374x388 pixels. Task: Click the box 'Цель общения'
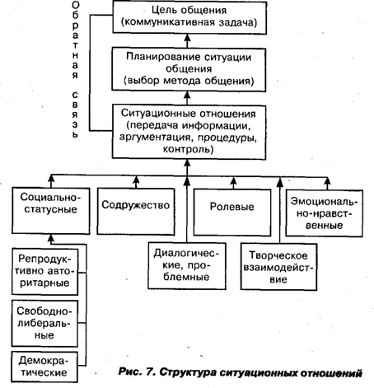coord(189,17)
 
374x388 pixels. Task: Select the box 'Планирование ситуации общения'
coord(189,70)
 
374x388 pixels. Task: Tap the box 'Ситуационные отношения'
coord(189,132)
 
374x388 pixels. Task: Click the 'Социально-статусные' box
coord(51,211)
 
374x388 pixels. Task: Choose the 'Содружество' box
coord(136,212)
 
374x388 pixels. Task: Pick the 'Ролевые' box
coord(232,213)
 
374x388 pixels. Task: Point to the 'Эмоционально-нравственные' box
coord(325,213)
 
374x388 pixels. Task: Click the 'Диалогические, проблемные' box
coord(187,266)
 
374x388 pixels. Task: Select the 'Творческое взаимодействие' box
coord(278,267)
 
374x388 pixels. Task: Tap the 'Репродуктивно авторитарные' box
coord(44,272)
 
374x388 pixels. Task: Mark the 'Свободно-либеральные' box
coord(44,324)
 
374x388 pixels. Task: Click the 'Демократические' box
coord(44,367)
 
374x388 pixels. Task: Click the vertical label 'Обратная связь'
coord(75,70)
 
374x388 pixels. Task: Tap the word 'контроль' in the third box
coord(188,149)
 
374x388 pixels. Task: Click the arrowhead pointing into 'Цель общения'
coord(187,38)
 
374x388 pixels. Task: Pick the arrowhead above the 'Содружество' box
coord(136,180)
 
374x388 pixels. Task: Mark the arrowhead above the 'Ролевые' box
coord(233,181)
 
